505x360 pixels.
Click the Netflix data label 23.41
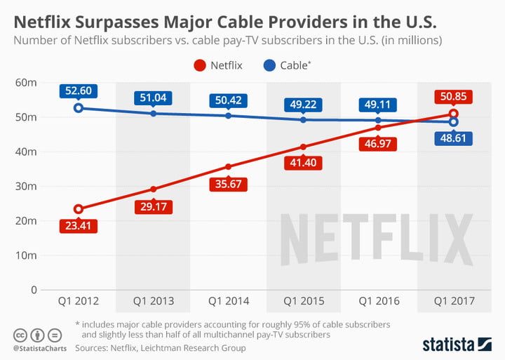coord(78,226)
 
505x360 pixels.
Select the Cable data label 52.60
coord(79,91)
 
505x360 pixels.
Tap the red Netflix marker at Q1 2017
coord(454,114)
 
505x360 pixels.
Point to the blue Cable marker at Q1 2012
coord(79,107)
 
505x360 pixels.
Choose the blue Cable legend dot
coord(270,65)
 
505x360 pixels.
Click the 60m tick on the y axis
coord(25,82)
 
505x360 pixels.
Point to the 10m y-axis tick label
coord(25,255)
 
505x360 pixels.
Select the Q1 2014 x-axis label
coord(229,301)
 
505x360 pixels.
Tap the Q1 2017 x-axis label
coord(454,301)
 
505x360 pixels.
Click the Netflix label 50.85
coord(454,97)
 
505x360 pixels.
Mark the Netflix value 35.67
coord(229,184)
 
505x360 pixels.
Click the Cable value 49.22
coord(304,105)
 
